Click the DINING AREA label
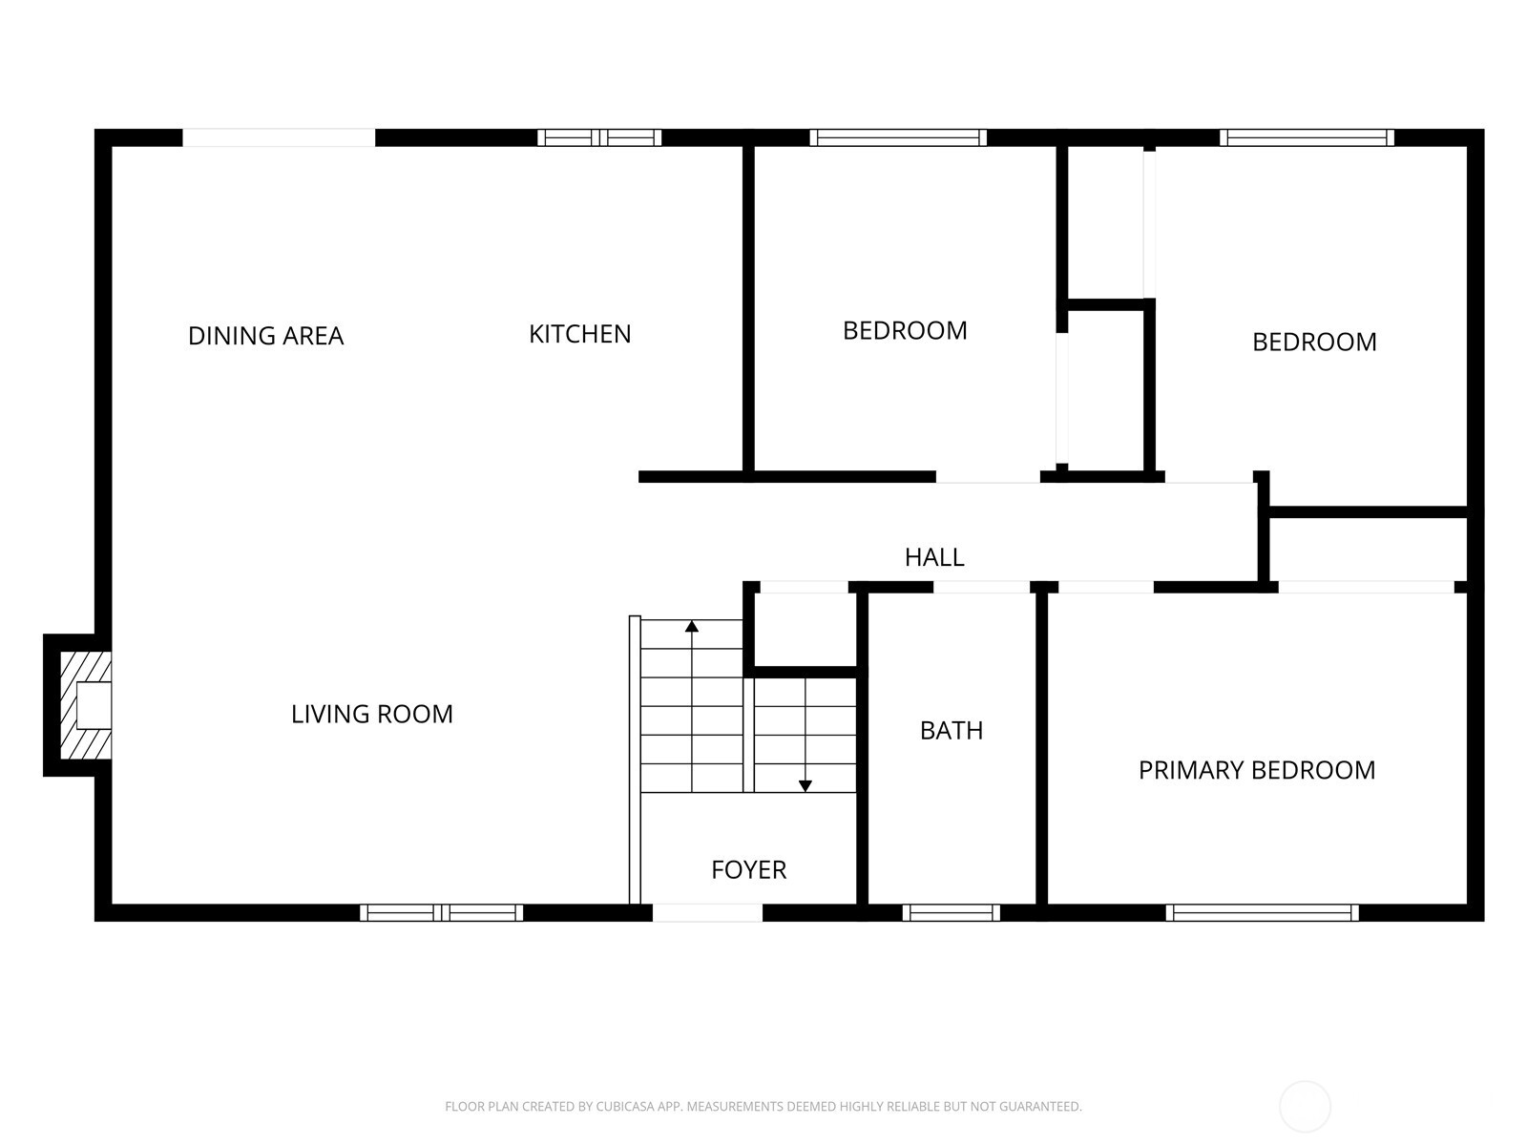pos(265,336)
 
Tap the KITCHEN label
pos(579,334)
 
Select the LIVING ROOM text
pos(371,714)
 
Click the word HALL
pos(934,557)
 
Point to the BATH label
pos(951,731)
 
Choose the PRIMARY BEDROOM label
pos(1256,770)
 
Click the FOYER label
pos(748,870)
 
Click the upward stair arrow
pos(692,627)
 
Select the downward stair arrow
pos(805,785)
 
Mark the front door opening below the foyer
pos(707,913)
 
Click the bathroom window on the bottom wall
pos(951,913)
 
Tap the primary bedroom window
pos(1262,913)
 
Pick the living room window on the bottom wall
pos(441,913)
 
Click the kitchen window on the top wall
pos(599,137)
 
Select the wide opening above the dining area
pos(279,137)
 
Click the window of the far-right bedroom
pos(1307,137)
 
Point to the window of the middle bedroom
pos(898,137)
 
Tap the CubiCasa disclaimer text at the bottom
pos(763,1107)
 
